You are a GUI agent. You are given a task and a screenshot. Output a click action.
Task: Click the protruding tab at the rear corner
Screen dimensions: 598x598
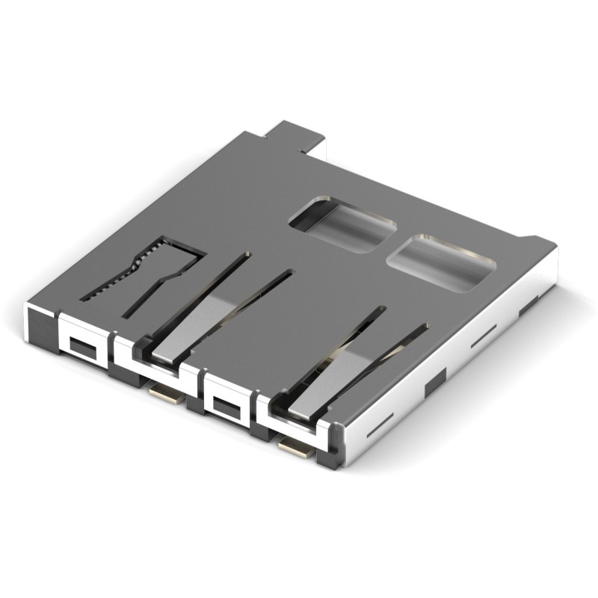coord(295,135)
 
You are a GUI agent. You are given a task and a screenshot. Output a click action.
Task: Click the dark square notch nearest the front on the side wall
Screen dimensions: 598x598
coord(434,384)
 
